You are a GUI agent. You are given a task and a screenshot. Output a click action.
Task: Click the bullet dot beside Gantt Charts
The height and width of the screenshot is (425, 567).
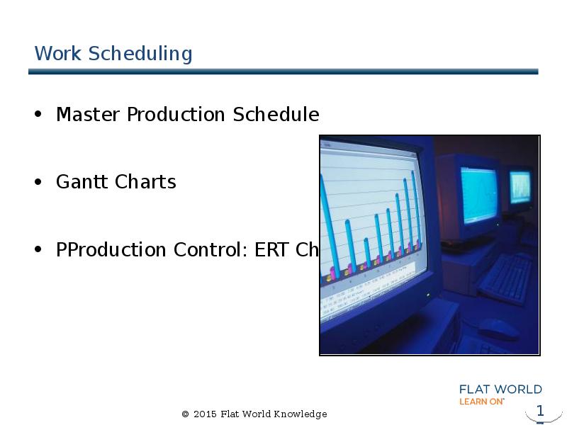tap(38, 183)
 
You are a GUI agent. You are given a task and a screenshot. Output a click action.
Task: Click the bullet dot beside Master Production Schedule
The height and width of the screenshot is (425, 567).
tap(38, 115)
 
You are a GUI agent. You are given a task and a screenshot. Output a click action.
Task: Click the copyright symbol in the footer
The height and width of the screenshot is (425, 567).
tap(186, 414)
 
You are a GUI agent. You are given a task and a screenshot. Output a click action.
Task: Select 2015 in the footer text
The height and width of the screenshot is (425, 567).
tap(204, 414)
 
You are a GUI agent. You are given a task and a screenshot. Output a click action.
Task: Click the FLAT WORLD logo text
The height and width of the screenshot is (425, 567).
tap(500, 389)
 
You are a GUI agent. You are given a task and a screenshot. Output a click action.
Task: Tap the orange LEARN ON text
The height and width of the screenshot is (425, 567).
tap(482, 401)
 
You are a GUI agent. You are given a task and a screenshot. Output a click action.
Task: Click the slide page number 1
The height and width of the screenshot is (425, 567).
tap(540, 411)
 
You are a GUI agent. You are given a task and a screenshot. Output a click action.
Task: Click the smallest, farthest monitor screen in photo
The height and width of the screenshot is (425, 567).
tap(521, 186)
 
